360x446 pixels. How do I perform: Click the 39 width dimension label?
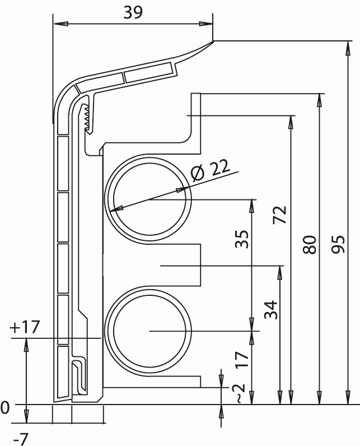[x=133, y=12]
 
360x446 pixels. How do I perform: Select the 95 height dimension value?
[x=338, y=244]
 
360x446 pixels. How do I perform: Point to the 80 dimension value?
[x=309, y=245]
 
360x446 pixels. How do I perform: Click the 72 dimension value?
[x=279, y=215]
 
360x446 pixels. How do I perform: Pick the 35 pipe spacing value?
[x=242, y=239]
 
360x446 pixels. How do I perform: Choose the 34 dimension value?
[x=270, y=309]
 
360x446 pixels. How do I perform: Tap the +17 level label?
[x=24, y=327]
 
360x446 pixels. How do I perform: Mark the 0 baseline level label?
[x=5, y=408]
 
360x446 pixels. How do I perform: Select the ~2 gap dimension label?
[x=238, y=393]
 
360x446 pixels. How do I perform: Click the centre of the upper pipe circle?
[x=149, y=199]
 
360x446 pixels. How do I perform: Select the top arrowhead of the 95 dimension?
[x=347, y=48]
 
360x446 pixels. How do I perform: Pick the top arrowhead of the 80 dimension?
[x=320, y=100]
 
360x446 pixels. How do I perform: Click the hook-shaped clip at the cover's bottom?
[x=80, y=375]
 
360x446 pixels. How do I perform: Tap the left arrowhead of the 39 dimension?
[x=60, y=24]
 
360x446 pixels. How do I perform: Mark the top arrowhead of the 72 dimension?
[x=291, y=122]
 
